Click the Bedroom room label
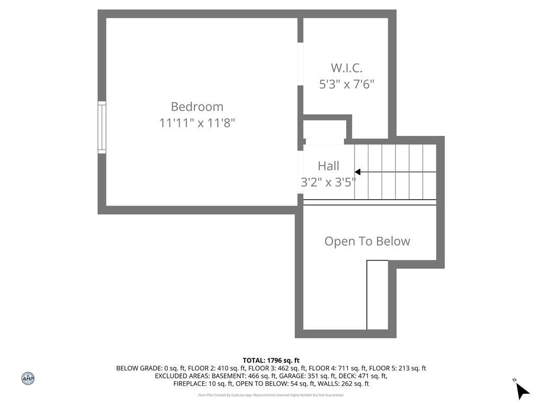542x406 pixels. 197,107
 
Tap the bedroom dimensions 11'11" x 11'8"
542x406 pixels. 197,123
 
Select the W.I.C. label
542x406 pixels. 346,68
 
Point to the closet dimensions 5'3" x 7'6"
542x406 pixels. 346,84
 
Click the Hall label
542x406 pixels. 328,166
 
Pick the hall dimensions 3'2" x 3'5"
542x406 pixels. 328,182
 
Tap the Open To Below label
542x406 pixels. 367,241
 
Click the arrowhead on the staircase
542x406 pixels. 357,172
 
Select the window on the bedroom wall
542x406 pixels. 102,127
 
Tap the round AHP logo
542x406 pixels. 28,379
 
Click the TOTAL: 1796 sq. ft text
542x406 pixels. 271,361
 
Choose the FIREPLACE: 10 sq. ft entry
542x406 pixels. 203,384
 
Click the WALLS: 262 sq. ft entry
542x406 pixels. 343,384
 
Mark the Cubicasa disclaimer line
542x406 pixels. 271,395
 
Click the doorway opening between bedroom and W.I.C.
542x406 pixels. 301,64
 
